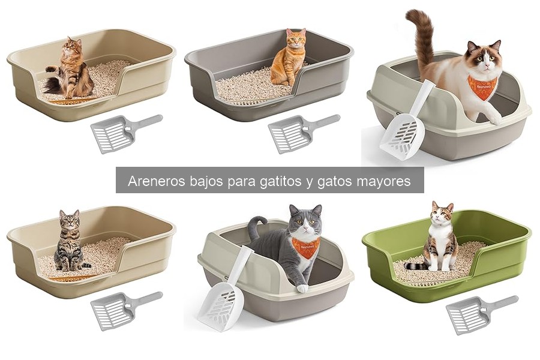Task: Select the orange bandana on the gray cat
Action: click(x=305, y=247)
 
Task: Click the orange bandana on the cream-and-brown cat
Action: click(x=482, y=87)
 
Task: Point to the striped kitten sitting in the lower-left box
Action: click(x=70, y=240)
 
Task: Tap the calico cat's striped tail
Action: click(x=416, y=264)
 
